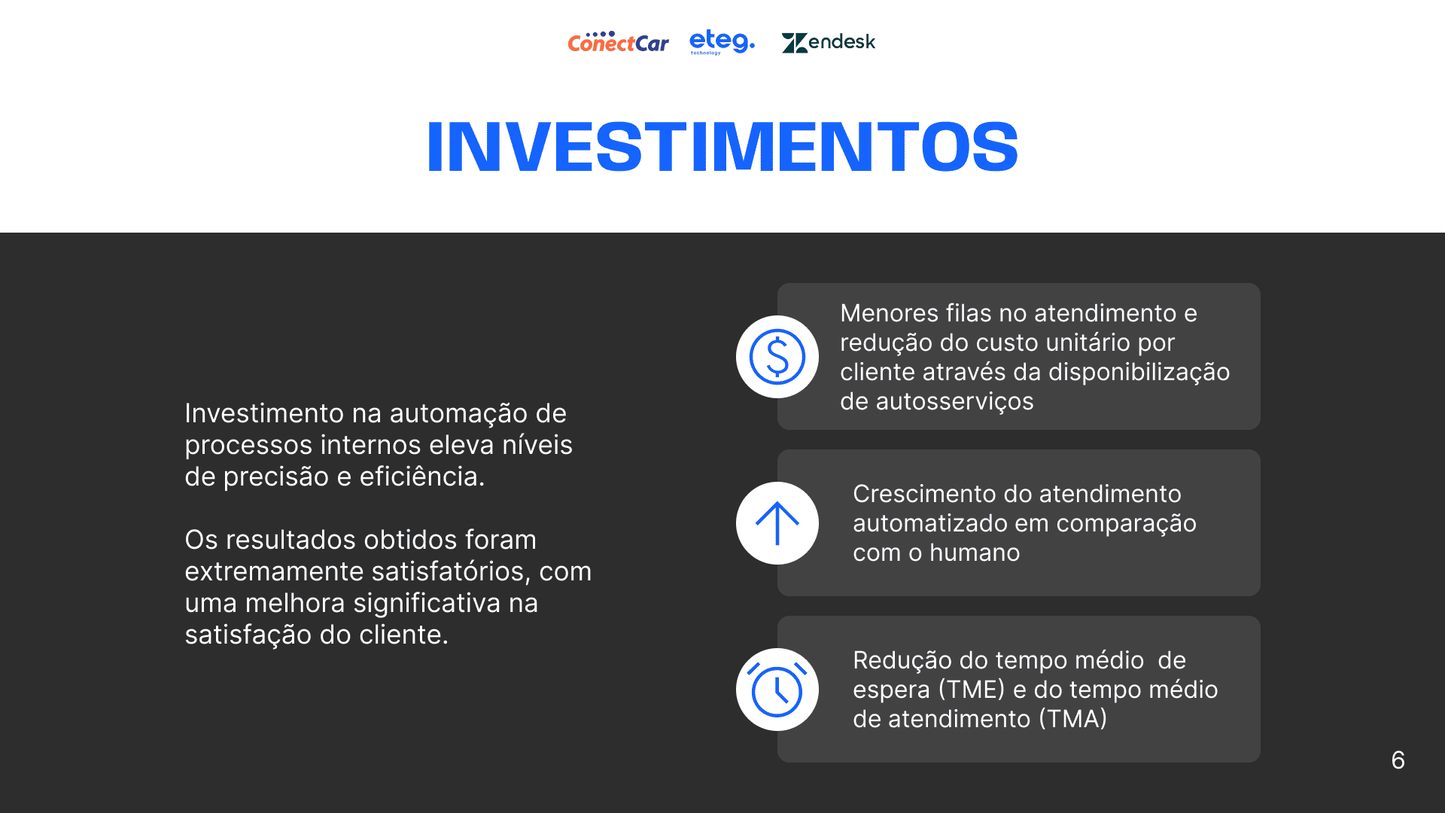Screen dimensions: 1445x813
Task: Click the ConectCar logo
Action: (618, 42)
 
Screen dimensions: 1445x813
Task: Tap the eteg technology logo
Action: (722, 42)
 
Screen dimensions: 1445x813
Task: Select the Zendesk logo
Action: (828, 42)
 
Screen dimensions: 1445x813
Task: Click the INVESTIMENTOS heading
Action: (722, 147)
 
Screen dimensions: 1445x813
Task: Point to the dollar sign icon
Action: (777, 357)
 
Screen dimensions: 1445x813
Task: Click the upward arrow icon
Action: (777, 523)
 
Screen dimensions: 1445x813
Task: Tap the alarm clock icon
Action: (777, 690)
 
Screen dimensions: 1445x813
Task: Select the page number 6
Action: (1398, 760)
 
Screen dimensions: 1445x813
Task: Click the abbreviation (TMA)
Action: (1073, 719)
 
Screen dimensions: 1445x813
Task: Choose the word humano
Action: (975, 553)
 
